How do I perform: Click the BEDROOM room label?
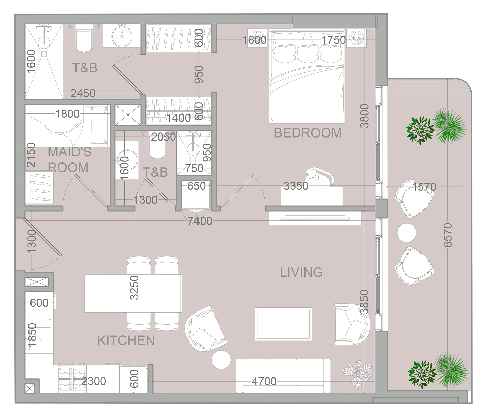tap(308, 133)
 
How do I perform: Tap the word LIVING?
tap(301, 272)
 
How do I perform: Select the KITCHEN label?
tap(126, 340)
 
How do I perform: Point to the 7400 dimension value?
tap(200, 221)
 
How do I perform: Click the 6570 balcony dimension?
tap(448, 235)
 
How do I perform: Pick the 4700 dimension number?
tap(264, 381)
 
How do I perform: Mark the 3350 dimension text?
tap(296, 186)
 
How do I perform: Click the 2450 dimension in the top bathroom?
tap(83, 93)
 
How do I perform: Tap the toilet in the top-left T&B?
tap(84, 40)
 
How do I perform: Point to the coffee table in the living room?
tap(283, 324)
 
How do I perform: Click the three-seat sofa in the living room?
tap(283, 376)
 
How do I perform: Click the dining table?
tap(133, 293)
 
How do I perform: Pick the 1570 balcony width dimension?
tap(424, 187)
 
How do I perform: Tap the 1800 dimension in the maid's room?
tap(67, 114)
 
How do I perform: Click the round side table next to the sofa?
tap(221, 360)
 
